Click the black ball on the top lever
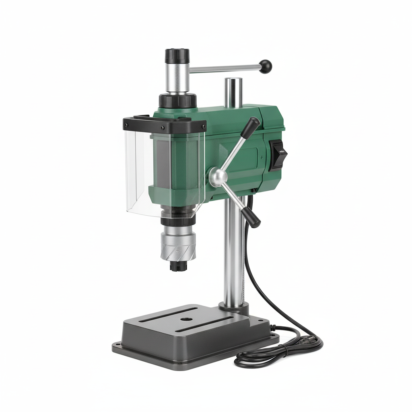point(266,66)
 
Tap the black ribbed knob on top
point(177,56)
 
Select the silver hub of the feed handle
point(218,177)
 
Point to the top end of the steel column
point(233,80)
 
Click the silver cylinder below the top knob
point(177,78)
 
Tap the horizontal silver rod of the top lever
point(225,69)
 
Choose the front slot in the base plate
point(205,325)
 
